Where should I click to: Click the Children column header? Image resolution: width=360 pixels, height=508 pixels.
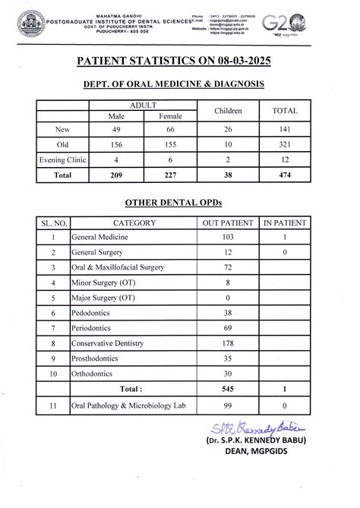click(x=227, y=111)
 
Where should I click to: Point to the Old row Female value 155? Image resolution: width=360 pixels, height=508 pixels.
click(x=169, y=145)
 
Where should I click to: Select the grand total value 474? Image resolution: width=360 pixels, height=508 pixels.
click(x=285, y=175)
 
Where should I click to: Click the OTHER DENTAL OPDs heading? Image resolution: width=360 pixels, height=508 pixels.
click(x=179, y=203)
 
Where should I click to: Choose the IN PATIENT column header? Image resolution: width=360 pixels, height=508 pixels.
click(x=285, y=223)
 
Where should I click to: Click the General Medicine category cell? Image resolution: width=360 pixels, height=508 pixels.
click(x=100, y=238)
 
